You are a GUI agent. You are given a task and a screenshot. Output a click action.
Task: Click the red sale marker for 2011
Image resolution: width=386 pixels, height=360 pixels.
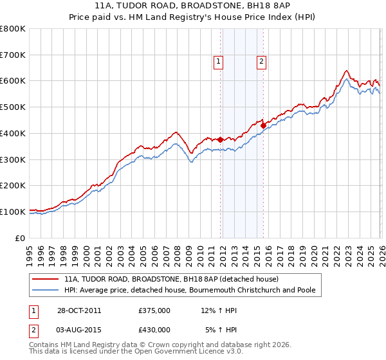point(221,139)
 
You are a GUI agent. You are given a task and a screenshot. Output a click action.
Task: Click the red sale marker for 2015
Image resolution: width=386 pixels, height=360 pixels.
point(263,125)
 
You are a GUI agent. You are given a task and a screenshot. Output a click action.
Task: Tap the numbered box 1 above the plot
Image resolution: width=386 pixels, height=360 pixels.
point(218,62)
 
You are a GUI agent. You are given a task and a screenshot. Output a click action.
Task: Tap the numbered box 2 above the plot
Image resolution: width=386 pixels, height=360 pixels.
point(262,62)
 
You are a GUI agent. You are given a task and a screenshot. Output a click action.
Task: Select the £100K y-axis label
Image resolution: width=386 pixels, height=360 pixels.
point(13,212)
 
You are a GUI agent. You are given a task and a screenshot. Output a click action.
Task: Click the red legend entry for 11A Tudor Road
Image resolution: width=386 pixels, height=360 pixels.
point(171,280)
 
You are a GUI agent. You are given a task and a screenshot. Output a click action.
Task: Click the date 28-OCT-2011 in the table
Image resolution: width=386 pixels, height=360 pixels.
point(78,311)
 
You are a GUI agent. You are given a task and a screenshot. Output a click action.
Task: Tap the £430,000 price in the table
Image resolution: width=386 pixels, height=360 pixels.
point(154,329)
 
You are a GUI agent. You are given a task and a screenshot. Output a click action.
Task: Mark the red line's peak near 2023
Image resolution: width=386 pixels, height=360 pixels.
point(346,71)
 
